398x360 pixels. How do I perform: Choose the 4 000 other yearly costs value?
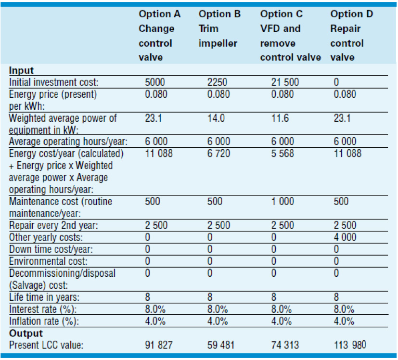[x=344, y=237]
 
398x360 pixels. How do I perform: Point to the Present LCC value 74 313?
[x=284, y=345]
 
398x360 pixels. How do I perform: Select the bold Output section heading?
[x=26, y=333]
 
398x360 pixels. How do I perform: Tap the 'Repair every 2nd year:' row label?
[x=52, y=225]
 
